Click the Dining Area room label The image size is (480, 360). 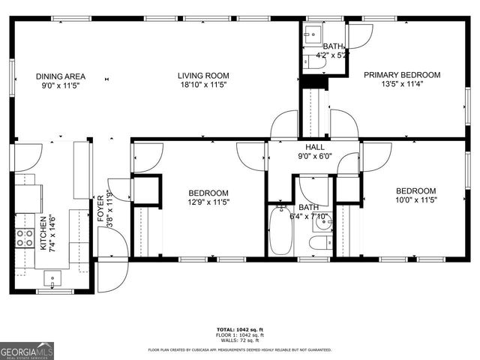point(61,76)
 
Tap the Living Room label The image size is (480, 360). point(202,76)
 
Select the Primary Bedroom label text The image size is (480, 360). point(402,75)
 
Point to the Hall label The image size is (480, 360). point(314,147)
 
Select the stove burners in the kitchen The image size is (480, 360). point(25,238)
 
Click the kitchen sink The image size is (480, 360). point(52,280)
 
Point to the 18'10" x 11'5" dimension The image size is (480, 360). point(202,85)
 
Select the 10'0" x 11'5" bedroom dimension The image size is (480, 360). point(415,200)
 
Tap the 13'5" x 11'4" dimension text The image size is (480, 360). point(402,85)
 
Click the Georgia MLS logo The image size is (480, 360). point(27,350)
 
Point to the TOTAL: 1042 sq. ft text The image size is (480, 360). point(239,329)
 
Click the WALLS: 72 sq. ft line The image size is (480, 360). point(239,340)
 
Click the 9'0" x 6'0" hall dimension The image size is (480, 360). point(314,157)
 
